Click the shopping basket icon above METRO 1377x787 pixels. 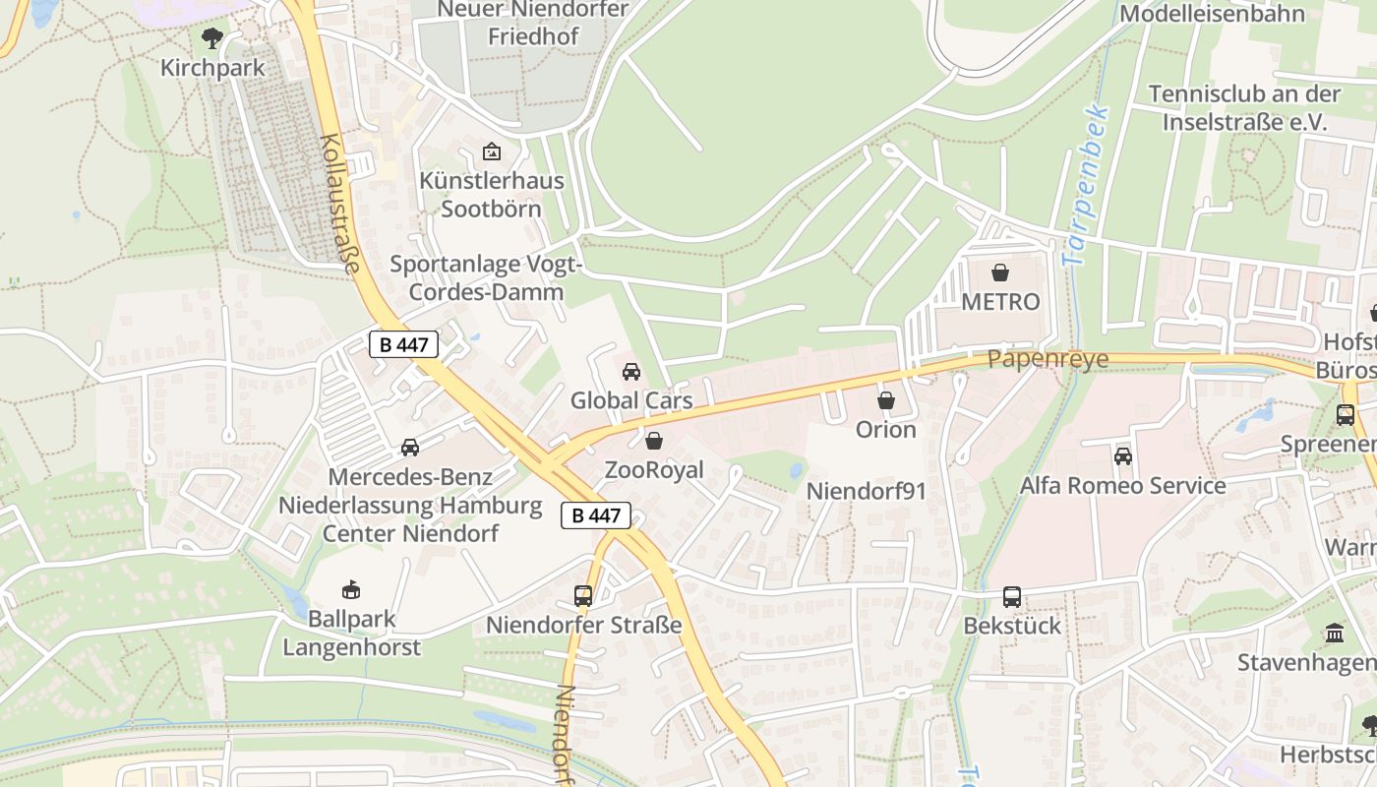tap(1000, 272)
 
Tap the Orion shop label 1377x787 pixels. tap(885, 430)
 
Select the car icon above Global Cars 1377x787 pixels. tap(631, 372)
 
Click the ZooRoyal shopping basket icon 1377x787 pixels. tap(654, 441)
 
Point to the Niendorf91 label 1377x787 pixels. tap(867, 491)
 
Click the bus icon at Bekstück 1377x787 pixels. tap(1012, 597)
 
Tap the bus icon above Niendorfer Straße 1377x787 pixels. tap(583, 596)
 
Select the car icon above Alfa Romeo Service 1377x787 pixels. tap(1123, 456)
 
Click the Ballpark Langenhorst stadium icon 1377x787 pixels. tap(350, 590)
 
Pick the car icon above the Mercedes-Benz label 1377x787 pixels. tap(410, 448)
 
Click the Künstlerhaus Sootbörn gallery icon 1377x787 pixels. tap(492, 151)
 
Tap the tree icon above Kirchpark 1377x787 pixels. tap(211, 39)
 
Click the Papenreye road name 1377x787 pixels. tap(1048, 359)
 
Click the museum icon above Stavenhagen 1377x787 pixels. tap(1335, 634)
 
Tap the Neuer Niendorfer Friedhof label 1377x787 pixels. tap(534, 23)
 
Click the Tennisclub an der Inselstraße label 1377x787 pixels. tap(1244, 108)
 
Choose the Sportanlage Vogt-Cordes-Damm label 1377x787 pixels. tap(487, 277)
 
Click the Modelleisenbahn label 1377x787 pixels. tap(1212, 14)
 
